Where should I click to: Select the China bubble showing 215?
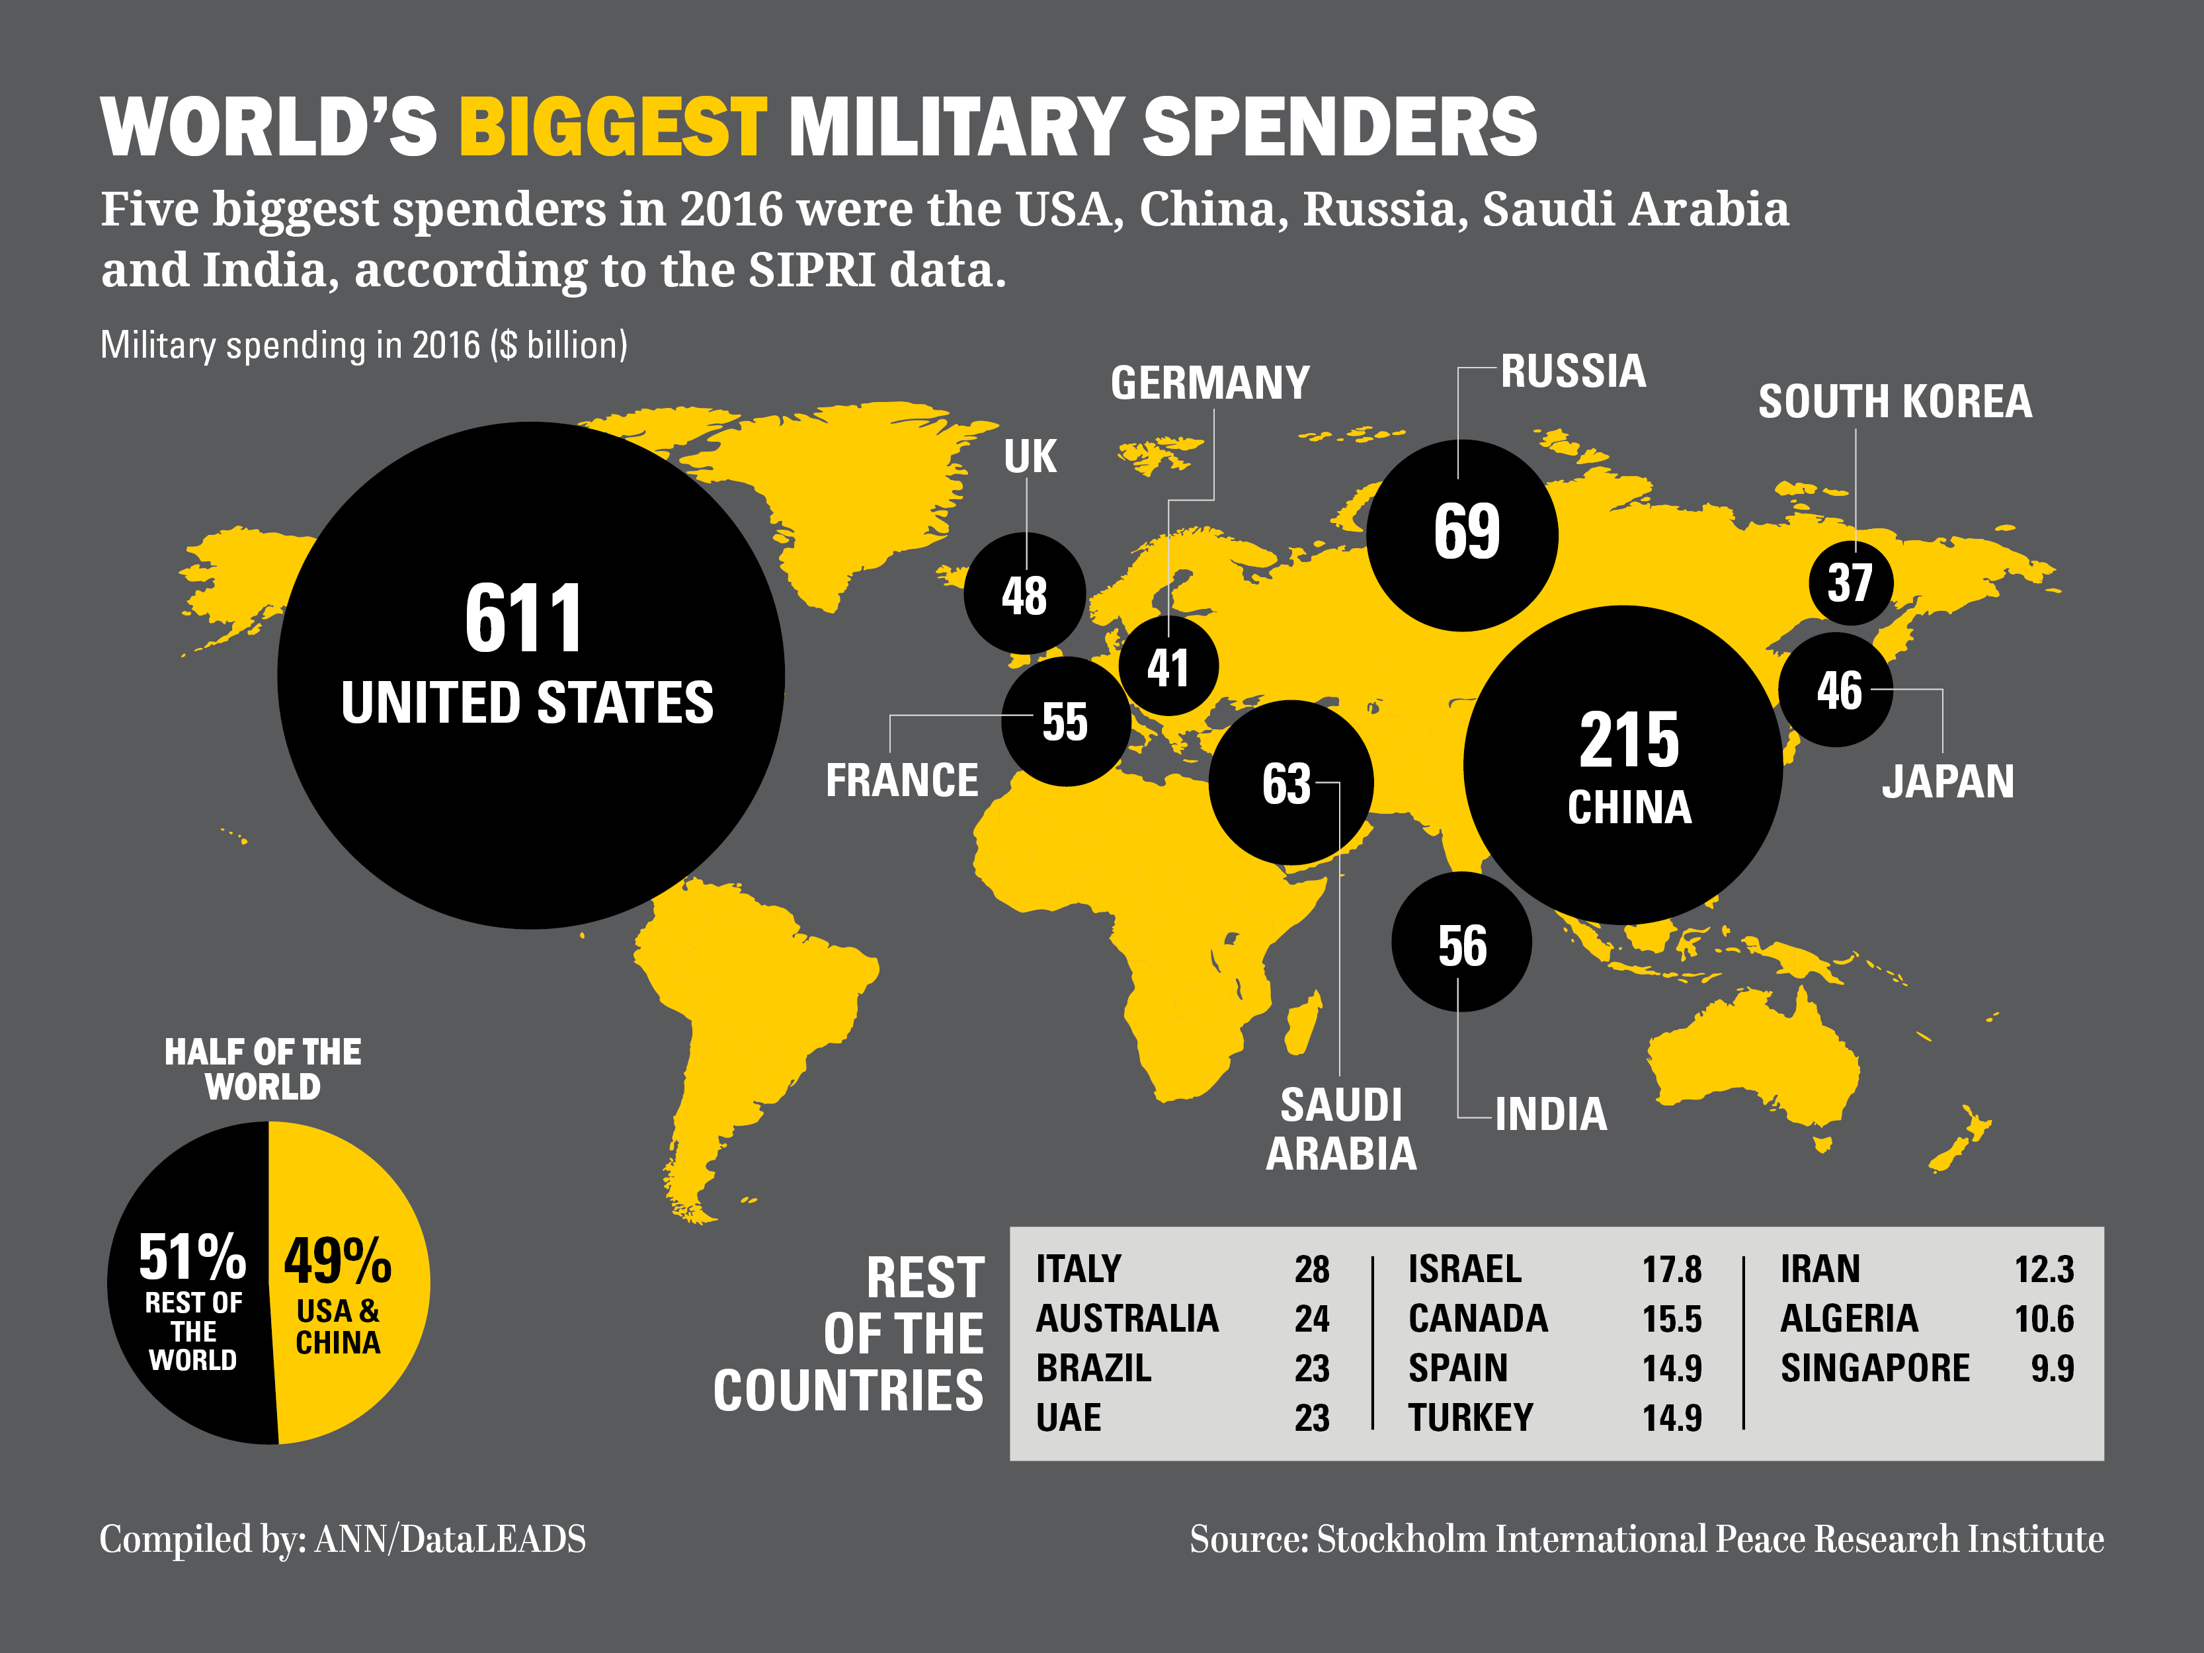(x=1622, y=764)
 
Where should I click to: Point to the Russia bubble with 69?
(x=1461, y=535)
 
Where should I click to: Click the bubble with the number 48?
(x=1024, y=594)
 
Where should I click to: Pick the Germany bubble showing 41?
(x=1168, y=666)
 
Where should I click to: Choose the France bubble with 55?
(x=1065, y=721)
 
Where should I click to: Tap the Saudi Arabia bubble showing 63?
(x=1289, y=782)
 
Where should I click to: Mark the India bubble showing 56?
(x=1461, y=942)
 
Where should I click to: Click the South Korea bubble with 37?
(x=1850, y=583)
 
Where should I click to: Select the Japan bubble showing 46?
(x=1835, y=690)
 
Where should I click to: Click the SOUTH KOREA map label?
(x=1894, y=401)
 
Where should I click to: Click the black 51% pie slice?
(x=189, y=1285)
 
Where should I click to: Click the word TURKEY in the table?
(x=1470, y=1417)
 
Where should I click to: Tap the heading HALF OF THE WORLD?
(x=263, y=1068)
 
